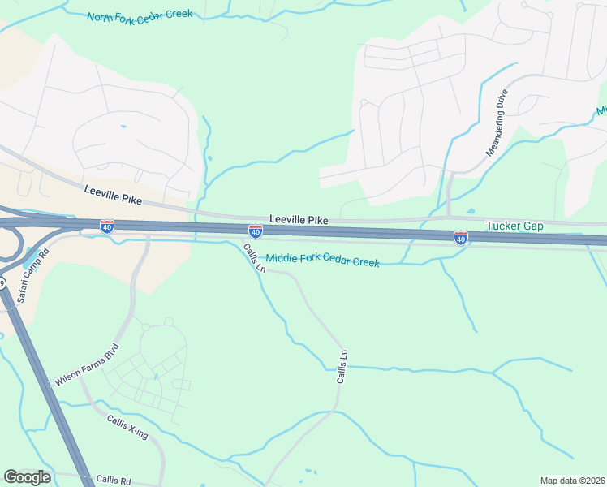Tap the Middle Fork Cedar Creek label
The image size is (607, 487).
323,261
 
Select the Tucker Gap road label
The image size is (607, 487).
514,226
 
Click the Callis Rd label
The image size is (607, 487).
113,481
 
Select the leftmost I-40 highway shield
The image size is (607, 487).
107,226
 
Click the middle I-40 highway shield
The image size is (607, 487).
256,232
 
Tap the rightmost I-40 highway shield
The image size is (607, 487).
460,237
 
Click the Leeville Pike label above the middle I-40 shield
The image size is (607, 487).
299,220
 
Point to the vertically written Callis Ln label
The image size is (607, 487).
343,367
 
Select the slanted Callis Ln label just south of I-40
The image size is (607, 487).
254,258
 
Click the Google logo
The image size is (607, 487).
27,477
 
